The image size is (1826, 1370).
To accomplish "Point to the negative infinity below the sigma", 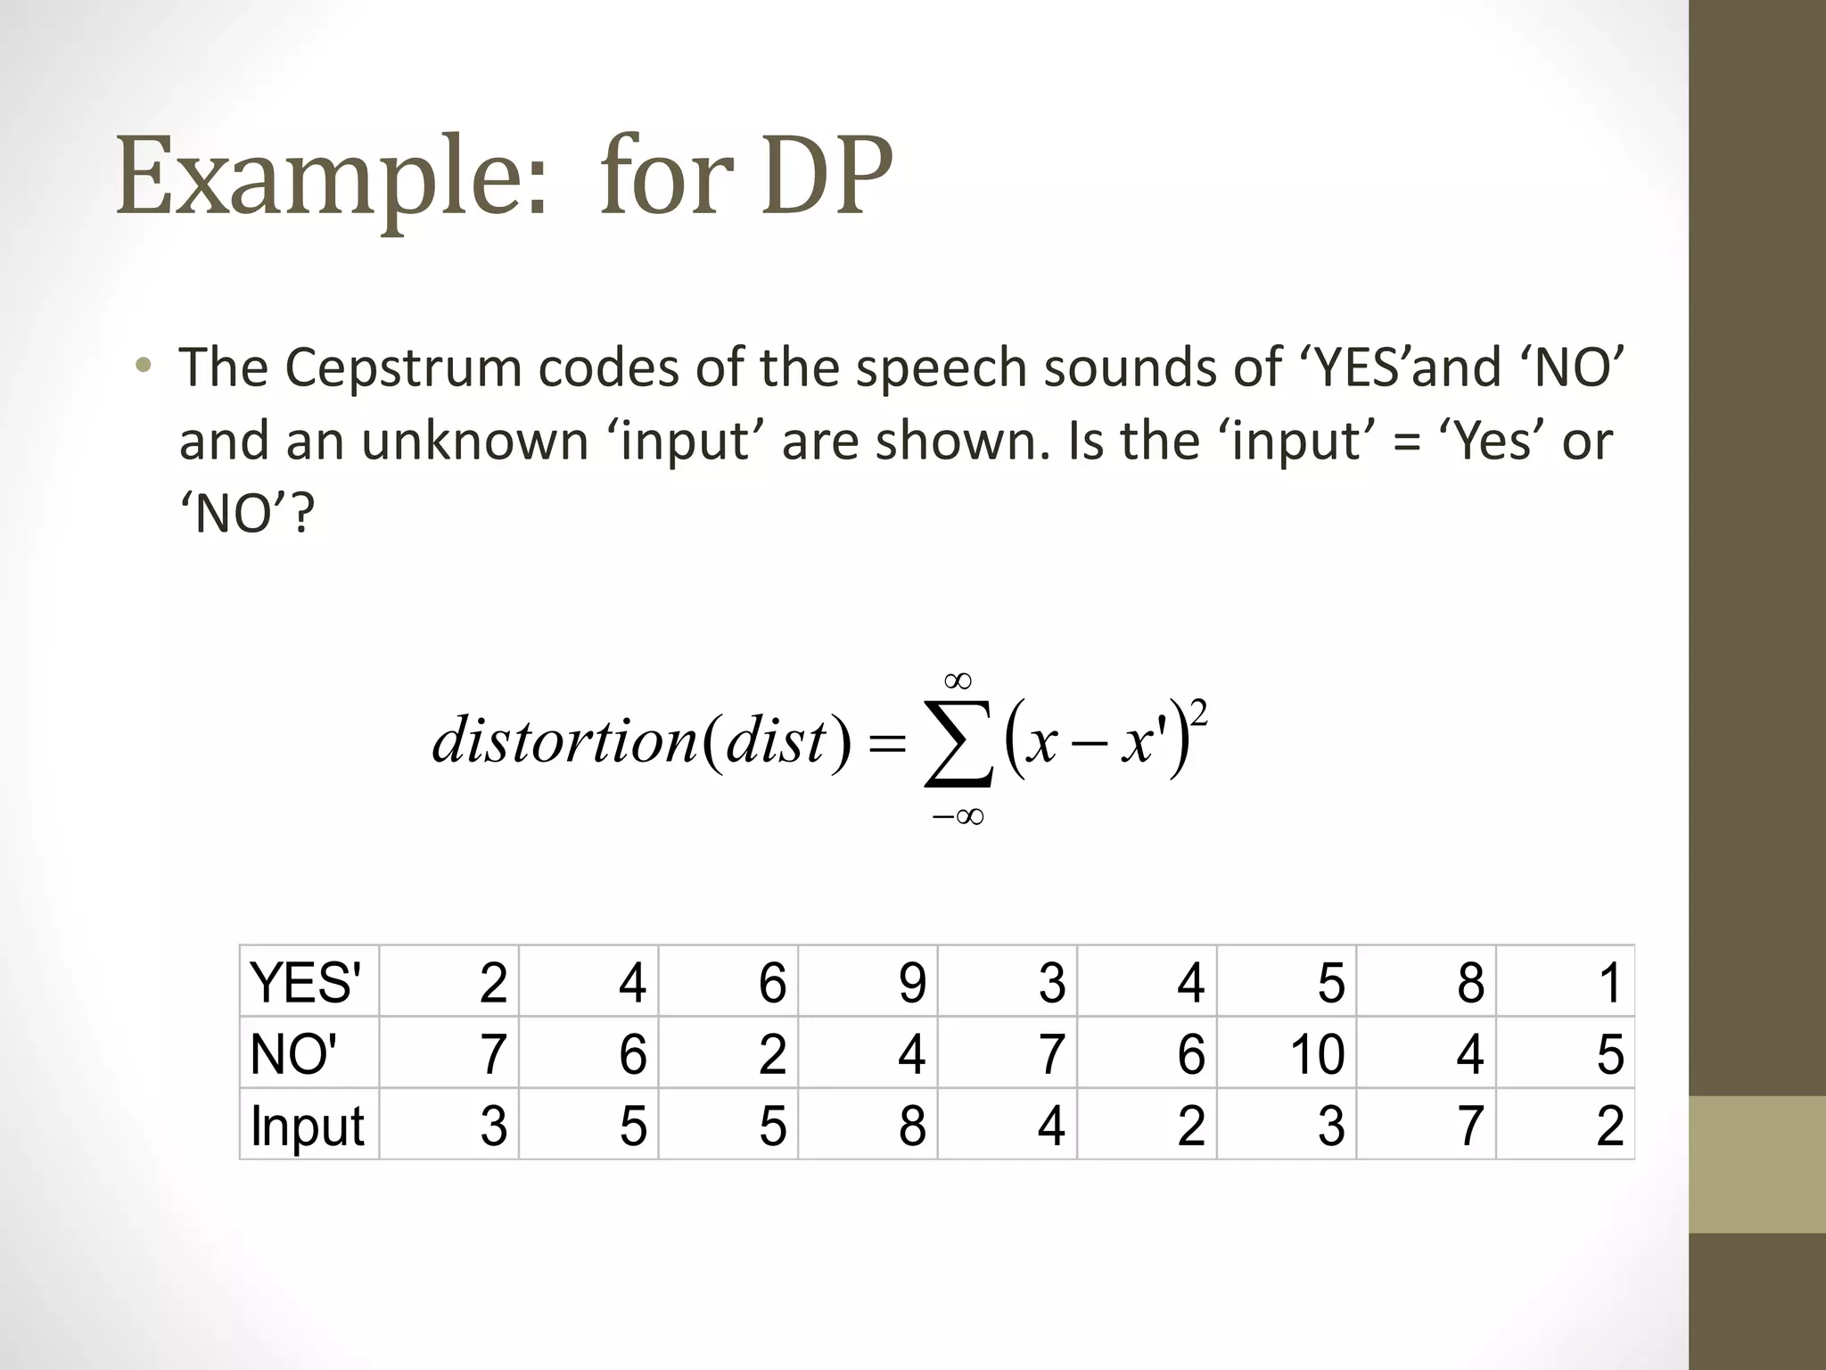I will coord(958,816).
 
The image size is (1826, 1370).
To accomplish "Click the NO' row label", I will coord(293,1053).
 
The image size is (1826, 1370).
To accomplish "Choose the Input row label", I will coord(307,1126).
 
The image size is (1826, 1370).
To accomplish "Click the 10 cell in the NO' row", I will coord(1317,1054).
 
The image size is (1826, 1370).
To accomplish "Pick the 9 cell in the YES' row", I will coord(911,983).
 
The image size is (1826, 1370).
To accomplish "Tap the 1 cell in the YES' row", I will coord(1609,983).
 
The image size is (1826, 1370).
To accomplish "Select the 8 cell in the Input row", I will coord(911,1126).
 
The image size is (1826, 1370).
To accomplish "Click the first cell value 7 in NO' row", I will coord(493,1054).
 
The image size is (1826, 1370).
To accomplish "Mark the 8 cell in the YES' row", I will coord(1470,983).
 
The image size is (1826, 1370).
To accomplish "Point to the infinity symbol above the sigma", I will coord(958,681).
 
